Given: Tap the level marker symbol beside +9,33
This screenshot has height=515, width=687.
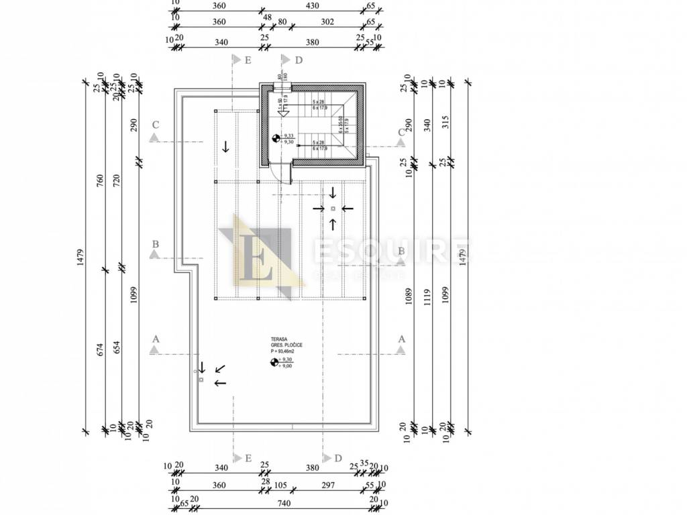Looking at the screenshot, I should (276, 139).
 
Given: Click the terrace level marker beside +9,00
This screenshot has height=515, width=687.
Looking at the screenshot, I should (274, 363).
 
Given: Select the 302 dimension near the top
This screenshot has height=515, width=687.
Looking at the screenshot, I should (327, 21).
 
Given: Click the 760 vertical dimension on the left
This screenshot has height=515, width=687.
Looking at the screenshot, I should (100, 182).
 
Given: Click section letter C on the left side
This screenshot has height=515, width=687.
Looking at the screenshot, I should (155, 125).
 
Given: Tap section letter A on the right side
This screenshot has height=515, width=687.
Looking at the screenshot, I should (402, 339).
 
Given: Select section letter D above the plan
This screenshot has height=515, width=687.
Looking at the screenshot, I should (299, 60).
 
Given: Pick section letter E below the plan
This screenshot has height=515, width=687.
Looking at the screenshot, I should (248, 459).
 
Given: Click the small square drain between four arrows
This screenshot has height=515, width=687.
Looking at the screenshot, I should (333, 209).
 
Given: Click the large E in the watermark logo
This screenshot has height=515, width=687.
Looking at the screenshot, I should (260, 257).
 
